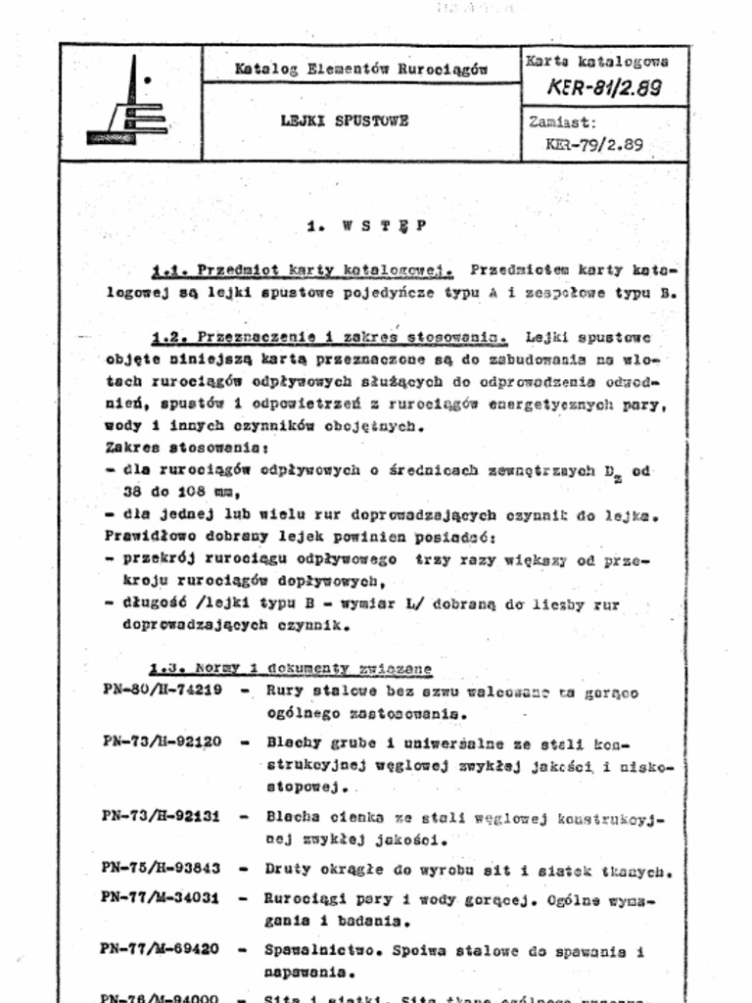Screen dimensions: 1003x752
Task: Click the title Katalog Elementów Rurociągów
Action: [x=360, y=69]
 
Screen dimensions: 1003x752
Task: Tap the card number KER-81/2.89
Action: [x=604, y=87]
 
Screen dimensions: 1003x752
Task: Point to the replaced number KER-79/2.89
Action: [x=594, y=144]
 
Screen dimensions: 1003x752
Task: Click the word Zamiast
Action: [x=562, y=123]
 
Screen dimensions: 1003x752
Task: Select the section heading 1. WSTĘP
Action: [x=366, y=225]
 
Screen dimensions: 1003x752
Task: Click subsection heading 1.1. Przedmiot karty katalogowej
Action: [x=302, y=269]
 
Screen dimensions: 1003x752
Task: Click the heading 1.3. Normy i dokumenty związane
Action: [x=291, y=668]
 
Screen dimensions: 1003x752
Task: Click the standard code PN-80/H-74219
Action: [x=162, y=691]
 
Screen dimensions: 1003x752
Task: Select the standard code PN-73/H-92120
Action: [x=162, y=741]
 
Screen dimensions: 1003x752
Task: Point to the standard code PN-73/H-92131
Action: [x=162, y=815]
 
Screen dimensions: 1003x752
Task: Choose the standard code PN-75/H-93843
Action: [x=162, y=868]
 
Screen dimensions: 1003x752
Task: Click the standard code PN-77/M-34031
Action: [x=162, y=897]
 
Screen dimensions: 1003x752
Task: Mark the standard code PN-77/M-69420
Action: [x=162, y=949]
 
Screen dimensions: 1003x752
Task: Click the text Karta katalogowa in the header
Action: [x=597, y=61]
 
